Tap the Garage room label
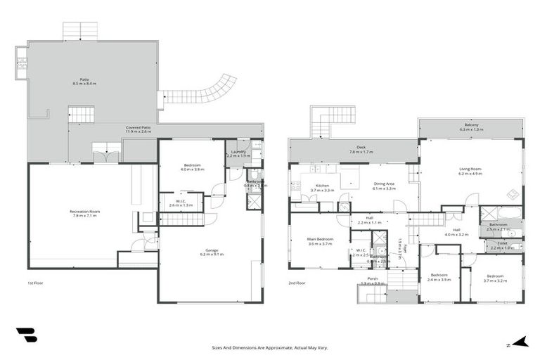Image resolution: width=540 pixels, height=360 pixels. click(x=211, y=251)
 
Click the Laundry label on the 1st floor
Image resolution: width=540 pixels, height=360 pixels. click(x=238, y=153)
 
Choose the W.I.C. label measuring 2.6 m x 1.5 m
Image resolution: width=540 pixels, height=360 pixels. click(x=181, y=202)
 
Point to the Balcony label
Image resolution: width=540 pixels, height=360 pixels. click(x=471, y=127)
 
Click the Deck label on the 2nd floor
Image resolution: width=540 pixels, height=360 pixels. click(x=361, y=149)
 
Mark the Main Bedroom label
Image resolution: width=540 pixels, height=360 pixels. click(x=319, y=241)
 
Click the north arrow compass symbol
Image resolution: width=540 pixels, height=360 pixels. click(x=519, y=343)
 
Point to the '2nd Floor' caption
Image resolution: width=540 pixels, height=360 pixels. click(x=296, y=283)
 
